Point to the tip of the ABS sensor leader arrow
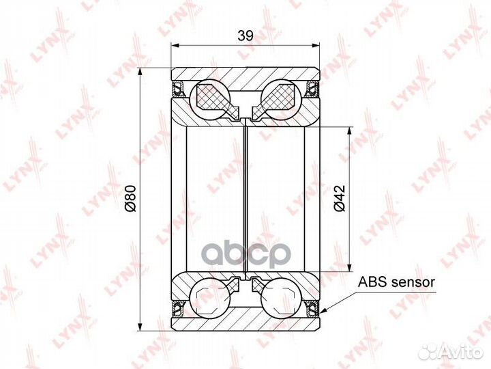tap(321, 312)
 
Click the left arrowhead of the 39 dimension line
tap(173, 46)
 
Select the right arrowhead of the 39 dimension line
tap(318, 46)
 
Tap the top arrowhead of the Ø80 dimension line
tap(140, 71)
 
